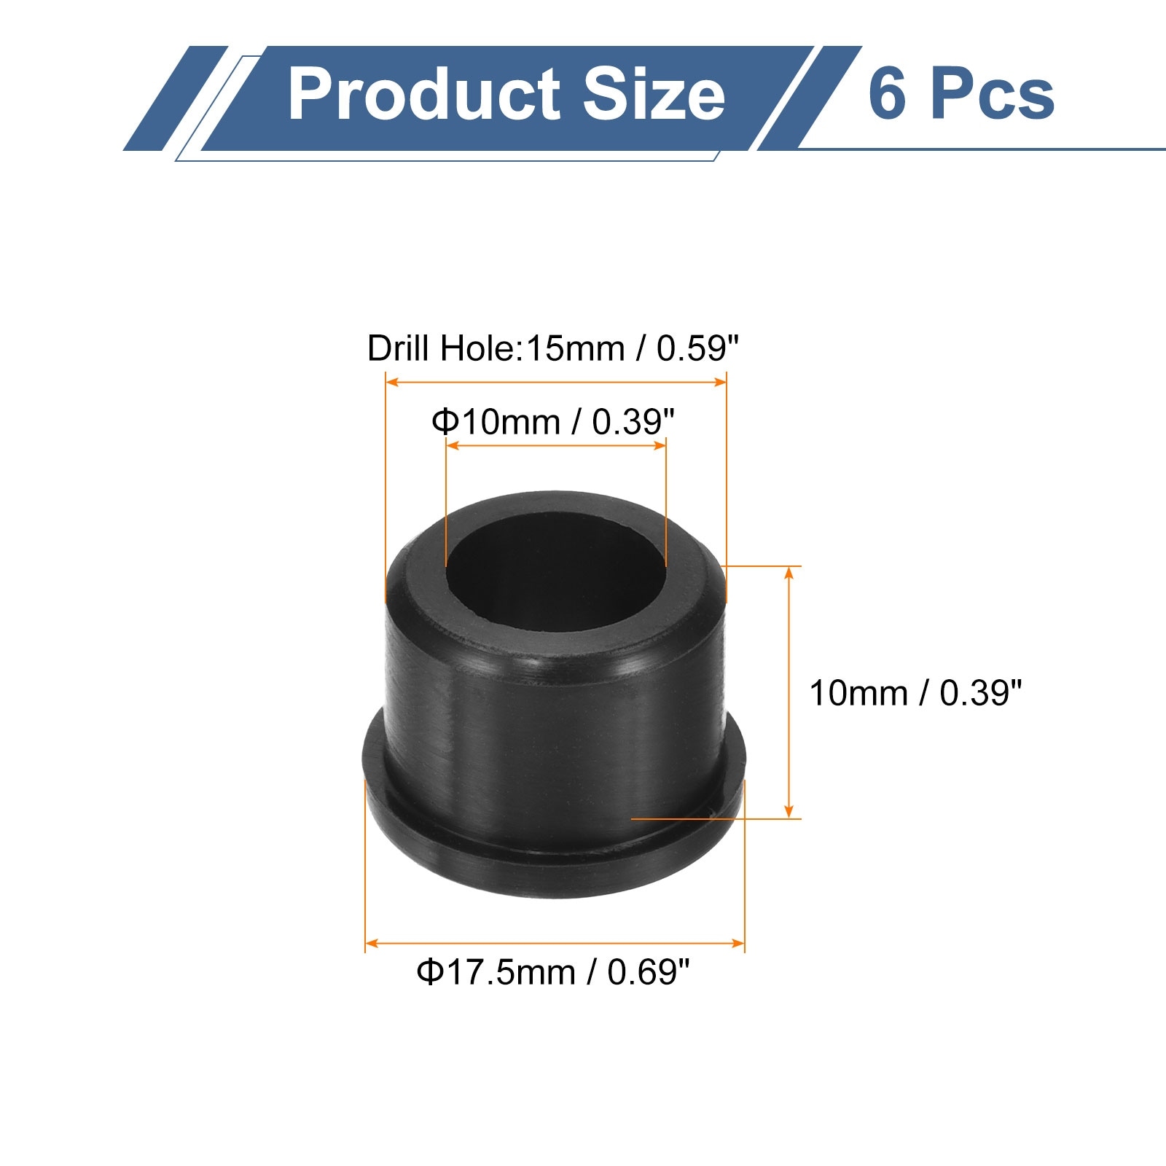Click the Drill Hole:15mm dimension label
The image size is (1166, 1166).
click(553, 348)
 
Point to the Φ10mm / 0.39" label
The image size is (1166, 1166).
click(553, 422)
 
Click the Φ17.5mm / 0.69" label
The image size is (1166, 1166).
click(553, 972)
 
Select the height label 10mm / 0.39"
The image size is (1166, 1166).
click(916, 693)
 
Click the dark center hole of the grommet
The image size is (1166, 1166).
click(555, 572)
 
